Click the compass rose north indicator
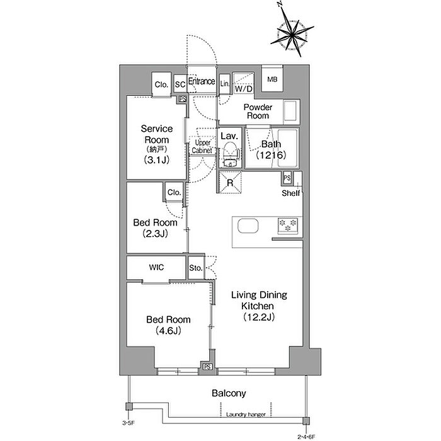pos(280,4)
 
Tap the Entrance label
pos(202,81)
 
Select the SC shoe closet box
pos(180,84)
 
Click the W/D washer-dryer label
pos(244,89)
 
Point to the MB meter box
pos(272,79)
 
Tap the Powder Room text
pos(258,112)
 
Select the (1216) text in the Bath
pos(271,155)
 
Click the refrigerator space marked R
pos(230,182)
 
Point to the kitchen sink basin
pos(248,226)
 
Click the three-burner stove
pos(288,226)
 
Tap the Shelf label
pos(291,193)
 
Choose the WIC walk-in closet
pos(156,268)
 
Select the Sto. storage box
pos(196,268)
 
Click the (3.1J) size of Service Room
pos(157,160)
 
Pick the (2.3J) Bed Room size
pos(155,234)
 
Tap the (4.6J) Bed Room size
pos(168,331)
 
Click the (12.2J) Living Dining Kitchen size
pos(259,317)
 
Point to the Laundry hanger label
pos(246,415)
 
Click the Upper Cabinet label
pos(202,147)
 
